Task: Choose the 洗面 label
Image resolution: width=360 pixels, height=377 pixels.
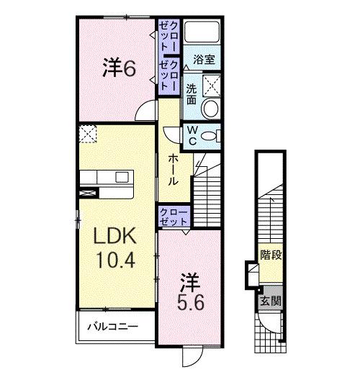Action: (192, 94)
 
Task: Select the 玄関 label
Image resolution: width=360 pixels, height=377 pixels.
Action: (270, 301)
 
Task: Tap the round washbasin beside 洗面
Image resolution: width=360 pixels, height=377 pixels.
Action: (210, 109)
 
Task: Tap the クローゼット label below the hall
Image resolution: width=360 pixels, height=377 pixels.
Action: (174, 216)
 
